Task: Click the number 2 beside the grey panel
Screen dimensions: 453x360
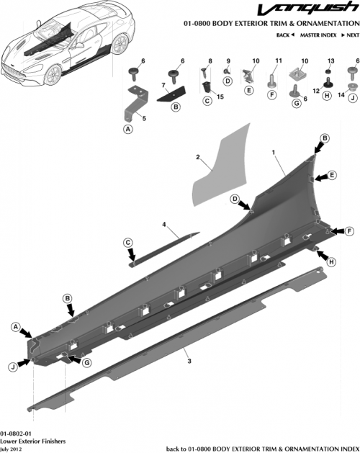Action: (x=197, y=156)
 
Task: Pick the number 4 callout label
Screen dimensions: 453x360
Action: (x=164, y=225)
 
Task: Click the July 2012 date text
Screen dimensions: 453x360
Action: (x=10, y=448)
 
